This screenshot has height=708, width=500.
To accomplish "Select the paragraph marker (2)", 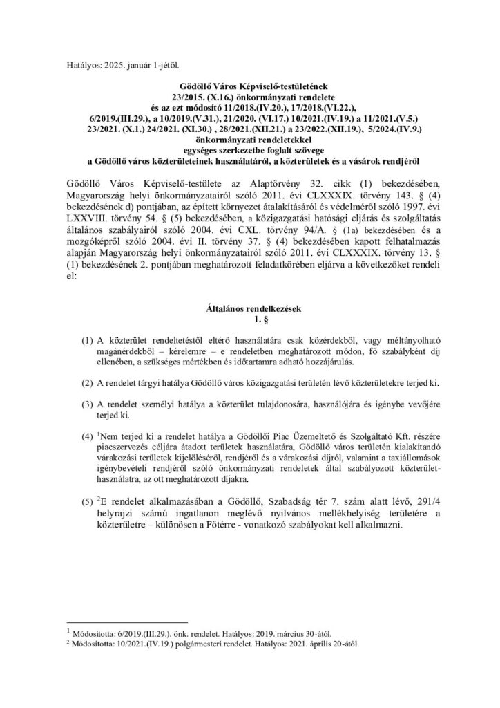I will pos(87,383).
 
